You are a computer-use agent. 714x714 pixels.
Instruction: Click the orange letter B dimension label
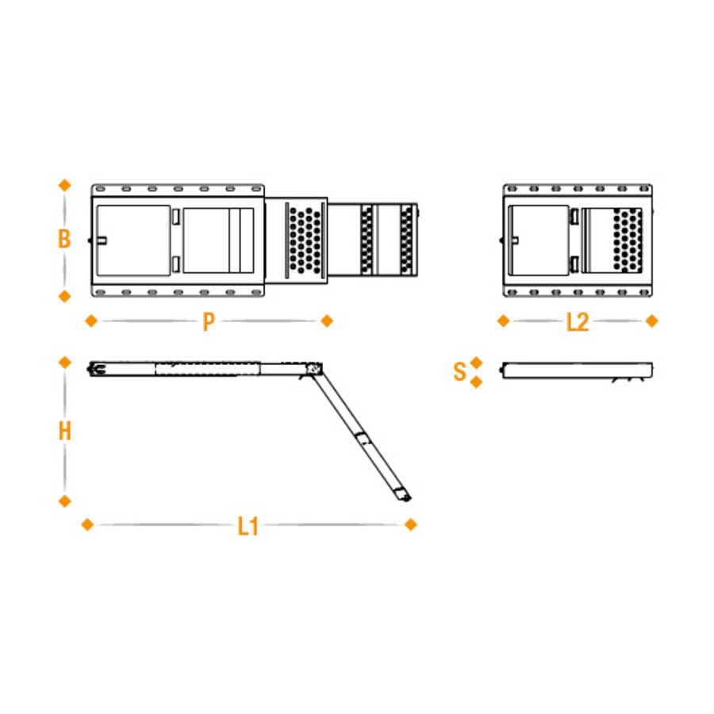pos(64,239)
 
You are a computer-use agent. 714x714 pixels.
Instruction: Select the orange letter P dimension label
pos(209,321)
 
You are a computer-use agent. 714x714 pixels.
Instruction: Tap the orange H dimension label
pos(65,431)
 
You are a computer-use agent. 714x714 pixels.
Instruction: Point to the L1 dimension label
pos(248,526)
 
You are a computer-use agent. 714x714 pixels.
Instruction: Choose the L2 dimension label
pos(578,322)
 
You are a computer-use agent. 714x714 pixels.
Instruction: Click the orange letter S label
pos(459,371)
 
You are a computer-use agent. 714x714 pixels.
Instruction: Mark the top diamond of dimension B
pos(65,186)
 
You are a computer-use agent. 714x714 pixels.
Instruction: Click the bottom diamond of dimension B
pos(65,297)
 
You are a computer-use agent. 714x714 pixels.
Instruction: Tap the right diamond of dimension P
pos(327,321)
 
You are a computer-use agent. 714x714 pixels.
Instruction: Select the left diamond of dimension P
pos(91,321)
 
